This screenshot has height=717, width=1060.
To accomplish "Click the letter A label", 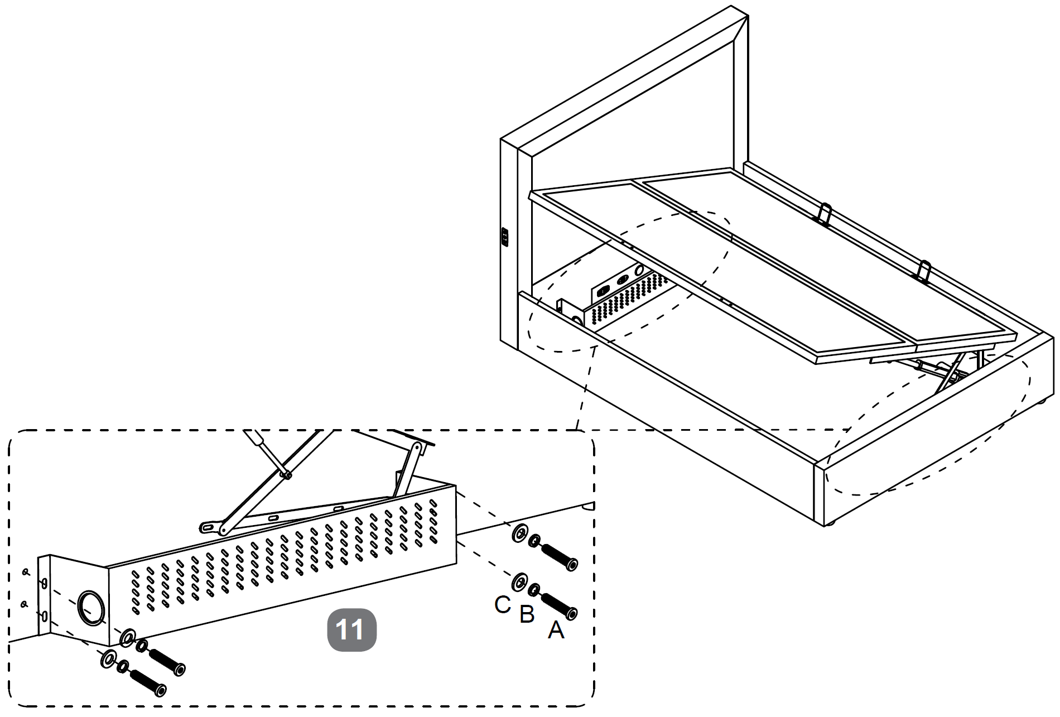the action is pyautogui.click(x=556, y=630).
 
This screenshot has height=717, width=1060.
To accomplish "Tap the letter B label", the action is pyautogui.click(x=527, y=614).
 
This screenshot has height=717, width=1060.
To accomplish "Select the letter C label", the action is pyautogui.click(x=503, y=604).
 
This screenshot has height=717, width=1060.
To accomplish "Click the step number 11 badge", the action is pyautogui.click(x=351, y=629).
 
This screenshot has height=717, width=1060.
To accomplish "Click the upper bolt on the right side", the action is pyautogui.click(x=560, y=556).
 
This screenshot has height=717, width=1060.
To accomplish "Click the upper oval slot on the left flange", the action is pyautogui.click(x=44, y=583).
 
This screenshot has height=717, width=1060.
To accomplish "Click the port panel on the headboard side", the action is pyautogui.click(x=505, y=237).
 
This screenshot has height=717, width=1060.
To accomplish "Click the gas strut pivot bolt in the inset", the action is pyautogui.click(x=287, y=475).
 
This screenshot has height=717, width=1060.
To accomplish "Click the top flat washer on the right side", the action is pyautogui.click(x=519, y=533).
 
